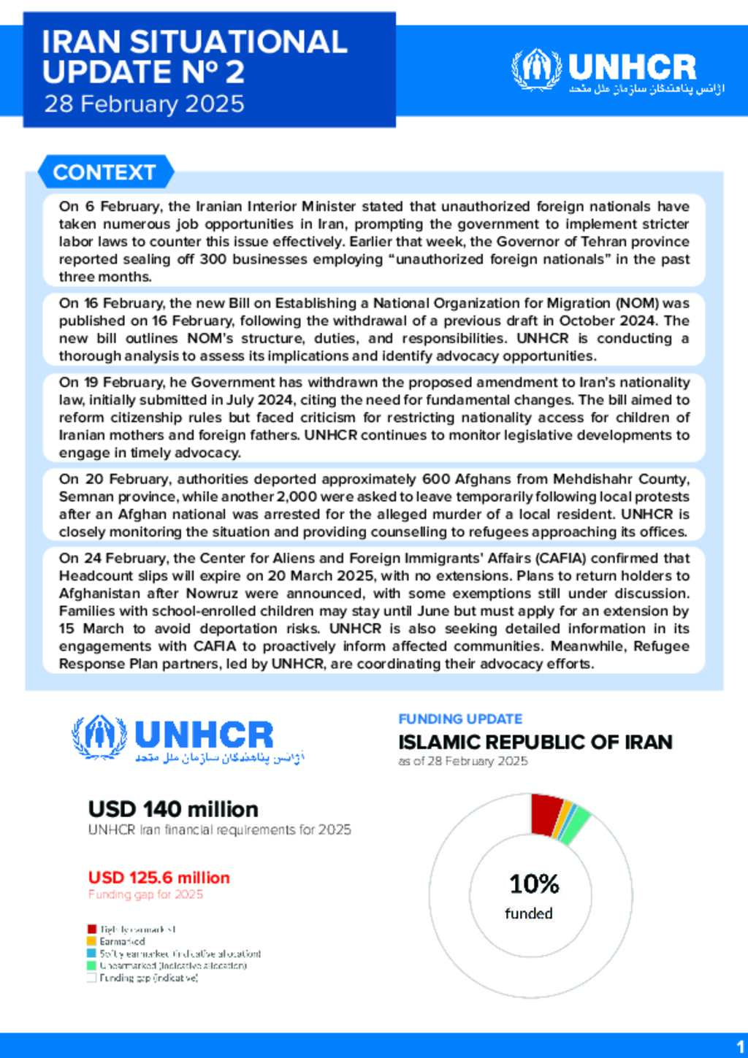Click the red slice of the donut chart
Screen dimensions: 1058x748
546,814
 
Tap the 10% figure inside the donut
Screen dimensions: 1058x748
534,884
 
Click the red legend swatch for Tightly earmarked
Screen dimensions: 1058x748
91,929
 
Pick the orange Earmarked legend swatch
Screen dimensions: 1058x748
91,941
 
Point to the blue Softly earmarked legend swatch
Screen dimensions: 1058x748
91,953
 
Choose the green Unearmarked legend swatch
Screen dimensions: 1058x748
91,965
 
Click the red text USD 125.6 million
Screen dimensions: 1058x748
159,878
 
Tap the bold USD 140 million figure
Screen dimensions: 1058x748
173,809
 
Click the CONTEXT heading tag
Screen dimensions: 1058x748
104,172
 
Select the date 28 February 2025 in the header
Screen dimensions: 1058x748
144,104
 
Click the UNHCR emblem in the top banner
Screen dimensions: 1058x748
536,69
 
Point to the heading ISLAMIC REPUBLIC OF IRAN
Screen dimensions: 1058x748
535,742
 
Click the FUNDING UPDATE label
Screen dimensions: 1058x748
460,718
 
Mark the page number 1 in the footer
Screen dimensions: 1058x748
741,1046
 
